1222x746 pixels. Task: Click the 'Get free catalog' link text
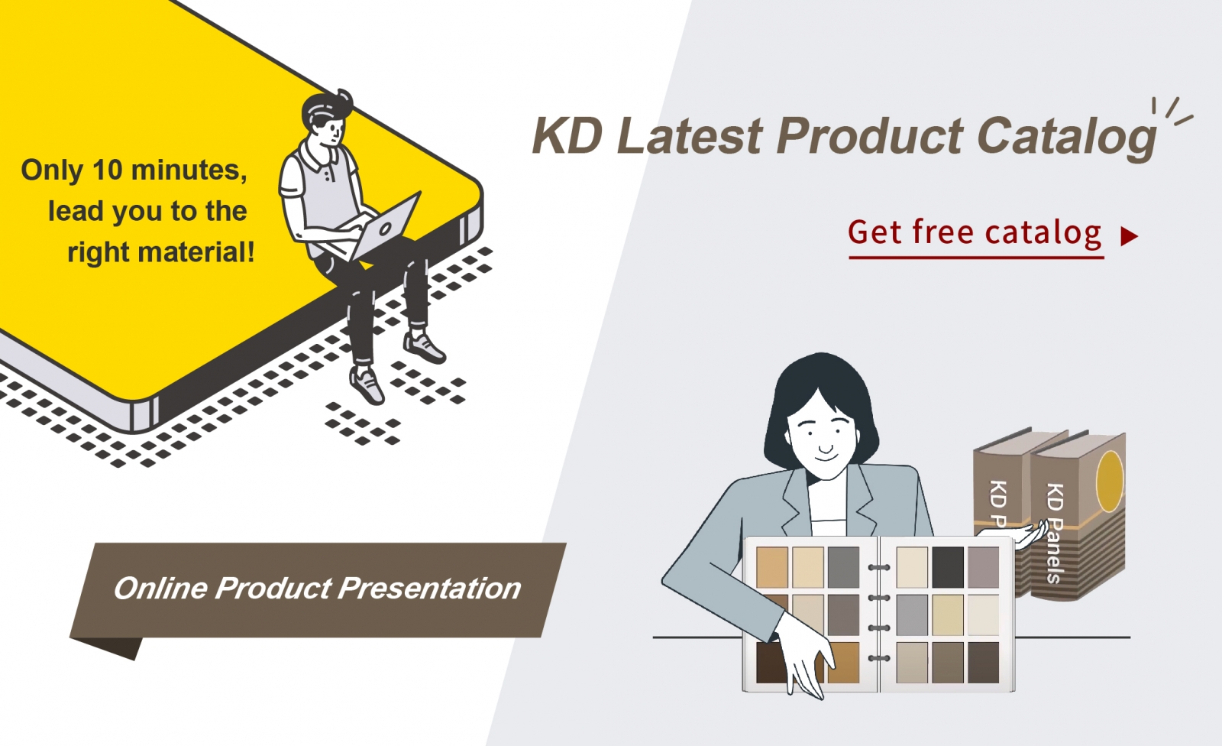point(975,232)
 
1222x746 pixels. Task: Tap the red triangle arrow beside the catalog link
point(1129,236)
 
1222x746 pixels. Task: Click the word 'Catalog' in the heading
point(1066,137)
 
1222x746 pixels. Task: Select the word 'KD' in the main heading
point(567,135)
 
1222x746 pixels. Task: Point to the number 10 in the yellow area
point(107,170)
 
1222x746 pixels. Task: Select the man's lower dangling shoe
point(367,384)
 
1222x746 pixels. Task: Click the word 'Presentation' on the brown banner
point(428,589)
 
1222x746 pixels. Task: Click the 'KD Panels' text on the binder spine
point(1055,533)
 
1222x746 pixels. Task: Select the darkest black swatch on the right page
point(948,567)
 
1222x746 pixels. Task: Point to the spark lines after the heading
point(1173,112)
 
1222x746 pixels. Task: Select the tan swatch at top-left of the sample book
point(772,567)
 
